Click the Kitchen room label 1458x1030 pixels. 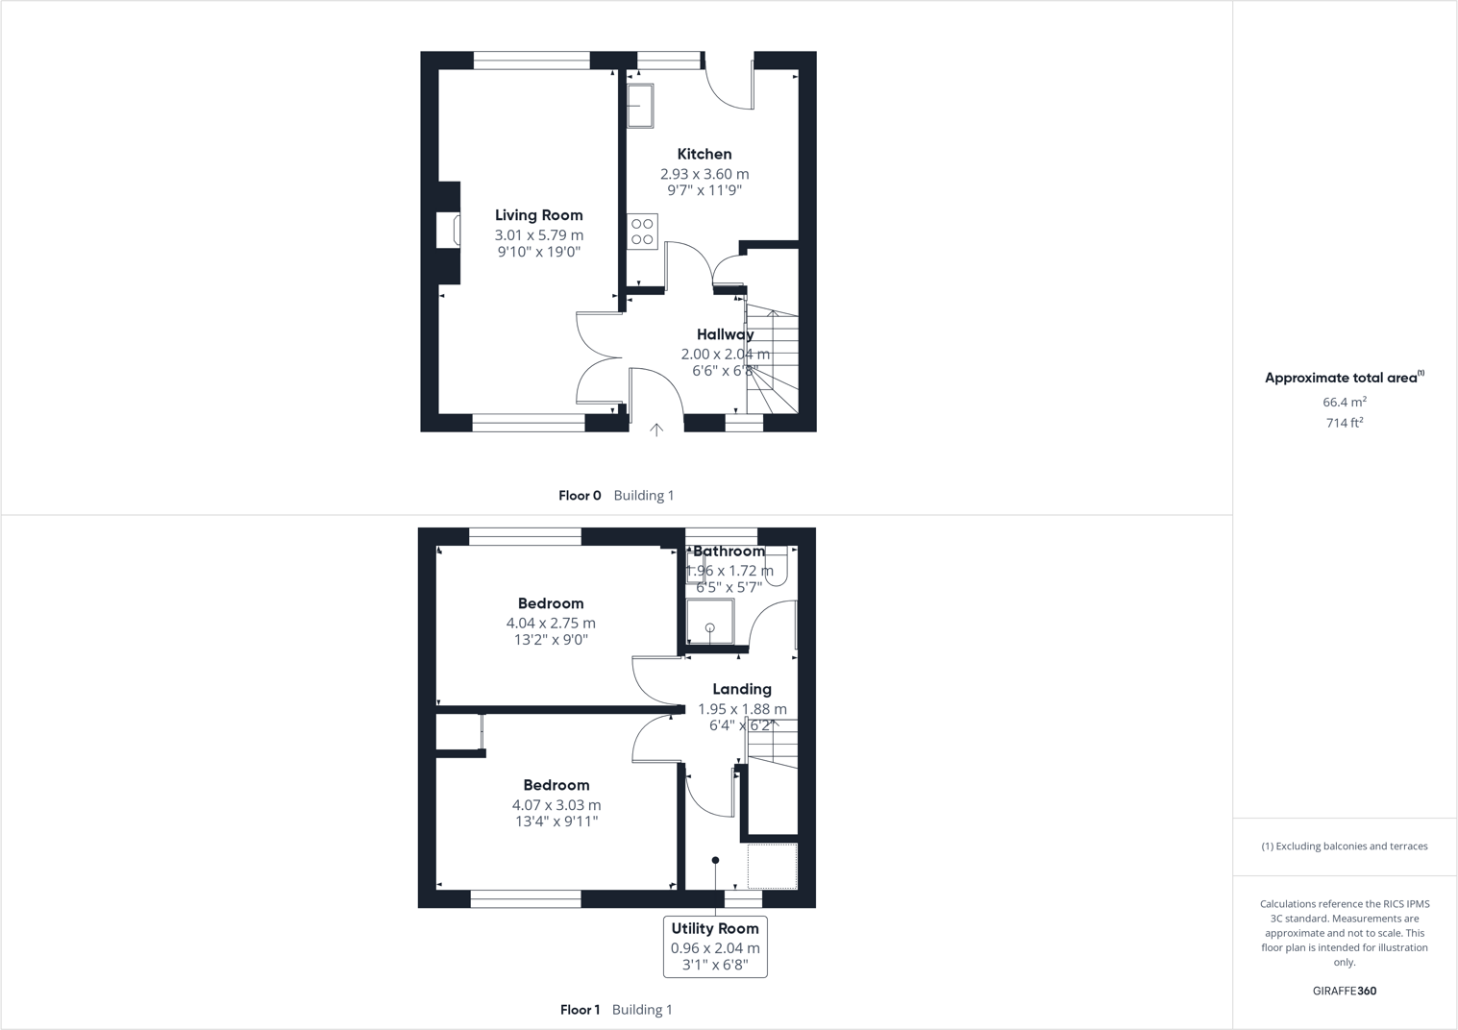[704, 154]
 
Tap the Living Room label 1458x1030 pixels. [538, 215]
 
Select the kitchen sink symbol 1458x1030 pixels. [640, 106]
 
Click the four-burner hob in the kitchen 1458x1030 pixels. [642, 232]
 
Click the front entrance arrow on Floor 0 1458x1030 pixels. [656, 429]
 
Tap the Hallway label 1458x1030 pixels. [725, 334]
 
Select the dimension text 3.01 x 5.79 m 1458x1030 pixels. [538, 235]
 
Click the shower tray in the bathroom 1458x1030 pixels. [710, 622]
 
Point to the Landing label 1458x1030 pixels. [741, 689]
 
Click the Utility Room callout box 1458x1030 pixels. [715, 946]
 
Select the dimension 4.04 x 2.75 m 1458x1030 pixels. [551, 623]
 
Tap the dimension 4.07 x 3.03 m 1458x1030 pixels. [556, 805]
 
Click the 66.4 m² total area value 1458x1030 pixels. [1344, 403]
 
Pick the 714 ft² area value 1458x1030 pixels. [1344, 423]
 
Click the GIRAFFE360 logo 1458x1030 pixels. [1344, 991]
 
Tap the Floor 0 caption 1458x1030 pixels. [580, 496]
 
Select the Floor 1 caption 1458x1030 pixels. [580, 1010]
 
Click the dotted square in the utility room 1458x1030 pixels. [772, 866]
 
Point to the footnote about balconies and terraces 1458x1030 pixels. [1344, 846]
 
